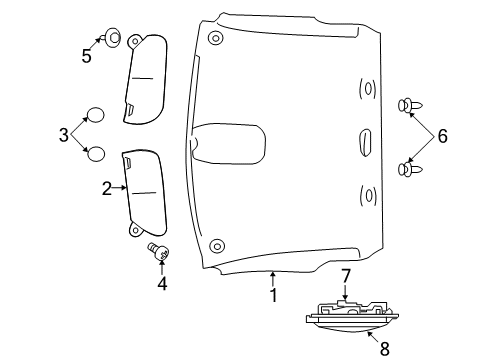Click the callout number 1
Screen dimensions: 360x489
click(x=271, y=295)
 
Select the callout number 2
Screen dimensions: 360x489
click(x=106, y=187)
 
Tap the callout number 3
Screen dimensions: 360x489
click(x=64, y=132)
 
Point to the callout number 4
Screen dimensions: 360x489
click(x=162, y=283)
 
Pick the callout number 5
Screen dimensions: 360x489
click(x=86, y=57)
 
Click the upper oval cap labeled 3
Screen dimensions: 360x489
click(x=96, y=113)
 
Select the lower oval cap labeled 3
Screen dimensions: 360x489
click(x=96, y=153)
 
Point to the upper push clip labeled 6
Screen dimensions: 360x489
click(x=409, y=104)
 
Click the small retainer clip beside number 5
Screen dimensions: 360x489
click(x=113, y=39)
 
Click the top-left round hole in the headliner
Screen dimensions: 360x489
click(x=216, y=38)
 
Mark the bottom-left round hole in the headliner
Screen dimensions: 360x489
click(x=215, y=245)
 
